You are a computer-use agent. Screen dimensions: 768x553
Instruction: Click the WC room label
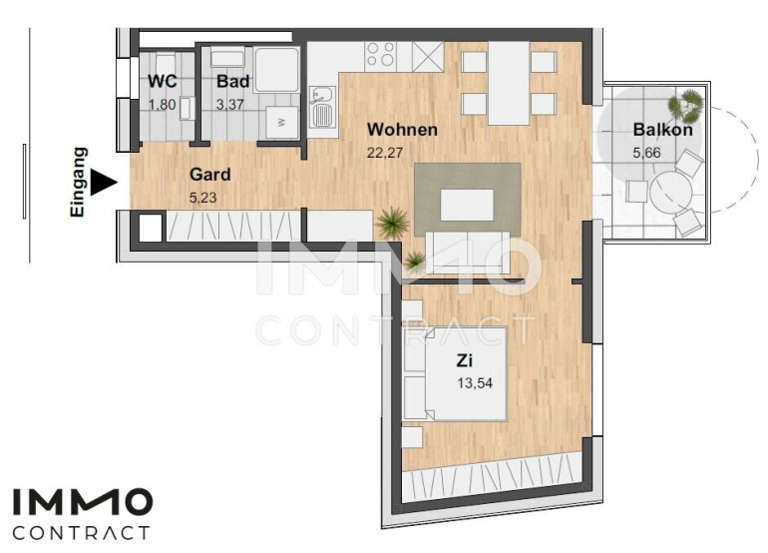(163, 81)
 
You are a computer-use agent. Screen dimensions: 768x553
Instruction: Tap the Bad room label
(233, 81)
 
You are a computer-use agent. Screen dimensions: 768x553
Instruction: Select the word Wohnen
(402, 130)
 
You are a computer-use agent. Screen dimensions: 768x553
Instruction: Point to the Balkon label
(662, 130)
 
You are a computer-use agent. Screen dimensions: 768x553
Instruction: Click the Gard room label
(210, 174)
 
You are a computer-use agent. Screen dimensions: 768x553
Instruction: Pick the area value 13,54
(475, 383)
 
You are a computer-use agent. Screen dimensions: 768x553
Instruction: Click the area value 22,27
(385, 153)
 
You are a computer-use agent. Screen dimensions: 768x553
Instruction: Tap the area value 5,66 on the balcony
(646, 153)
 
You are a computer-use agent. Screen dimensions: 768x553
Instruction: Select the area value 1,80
(163, 105)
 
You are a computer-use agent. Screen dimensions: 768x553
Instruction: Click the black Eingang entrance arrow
(105, 182)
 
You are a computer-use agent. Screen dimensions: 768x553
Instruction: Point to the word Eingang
(79, 182)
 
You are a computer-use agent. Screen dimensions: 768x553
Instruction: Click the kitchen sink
(322, 107)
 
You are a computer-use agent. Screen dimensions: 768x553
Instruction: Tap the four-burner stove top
(381, 54)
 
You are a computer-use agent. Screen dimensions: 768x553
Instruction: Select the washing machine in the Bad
(281, 122)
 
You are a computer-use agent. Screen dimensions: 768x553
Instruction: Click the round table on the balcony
(670, 193)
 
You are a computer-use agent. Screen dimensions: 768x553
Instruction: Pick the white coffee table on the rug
(467, 205)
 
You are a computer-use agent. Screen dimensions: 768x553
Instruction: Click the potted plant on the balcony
(686, 105)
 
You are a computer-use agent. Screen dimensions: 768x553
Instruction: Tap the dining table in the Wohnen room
(509, 83)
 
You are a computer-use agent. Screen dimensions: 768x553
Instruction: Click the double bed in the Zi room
(455, 374)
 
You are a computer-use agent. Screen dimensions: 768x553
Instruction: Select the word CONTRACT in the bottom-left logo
(81, 533)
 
